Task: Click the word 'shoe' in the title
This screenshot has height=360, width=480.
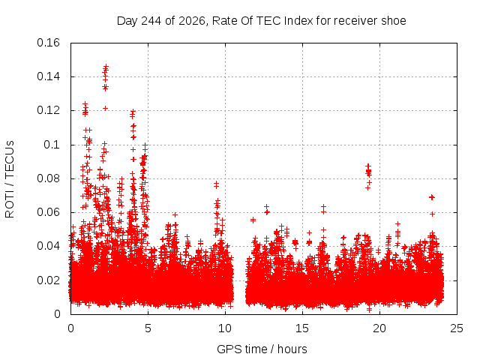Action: click(393, 21)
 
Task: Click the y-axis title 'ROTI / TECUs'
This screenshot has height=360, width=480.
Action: click(10, 179)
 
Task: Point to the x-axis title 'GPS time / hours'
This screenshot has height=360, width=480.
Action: click(262, 349)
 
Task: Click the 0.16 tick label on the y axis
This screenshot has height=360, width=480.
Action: click(48, 43)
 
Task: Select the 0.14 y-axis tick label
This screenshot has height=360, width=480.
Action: click(48, 76)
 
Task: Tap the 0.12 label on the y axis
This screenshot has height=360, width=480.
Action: click(48, 110)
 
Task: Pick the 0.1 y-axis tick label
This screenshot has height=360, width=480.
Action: click(52, 145)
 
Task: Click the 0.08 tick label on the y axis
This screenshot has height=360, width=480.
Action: click(48, 178)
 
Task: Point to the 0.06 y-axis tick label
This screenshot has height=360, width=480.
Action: click(48, 212)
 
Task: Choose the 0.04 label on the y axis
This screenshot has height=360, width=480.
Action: click(48, 246)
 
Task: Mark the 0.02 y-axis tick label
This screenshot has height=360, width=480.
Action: click(48, 280)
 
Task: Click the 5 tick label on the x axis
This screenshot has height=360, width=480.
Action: click(148, 328)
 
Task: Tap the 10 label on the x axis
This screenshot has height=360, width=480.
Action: click(225, 328)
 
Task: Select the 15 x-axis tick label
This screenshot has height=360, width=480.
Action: click(302, 328)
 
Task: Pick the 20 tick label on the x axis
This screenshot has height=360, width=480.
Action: click(379, 328)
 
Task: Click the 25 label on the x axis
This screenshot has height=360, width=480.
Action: click(457, 328)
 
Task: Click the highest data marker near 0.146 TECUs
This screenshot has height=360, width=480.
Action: click(106, 66)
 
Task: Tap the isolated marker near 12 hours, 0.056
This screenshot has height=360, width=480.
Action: click(253, 220)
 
